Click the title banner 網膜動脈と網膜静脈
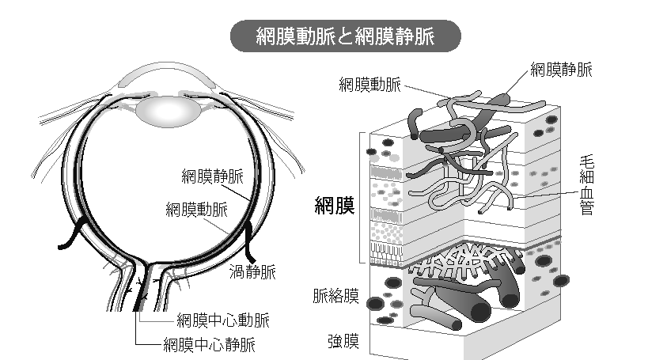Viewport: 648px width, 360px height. (x=346, y=36)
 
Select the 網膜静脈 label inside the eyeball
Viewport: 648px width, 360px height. (x=211, y=176)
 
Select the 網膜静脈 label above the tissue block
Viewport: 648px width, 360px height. (x=561, y=70)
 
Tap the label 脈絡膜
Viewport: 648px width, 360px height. (x=335, y=297)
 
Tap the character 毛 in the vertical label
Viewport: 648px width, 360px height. (x=586, y=162)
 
